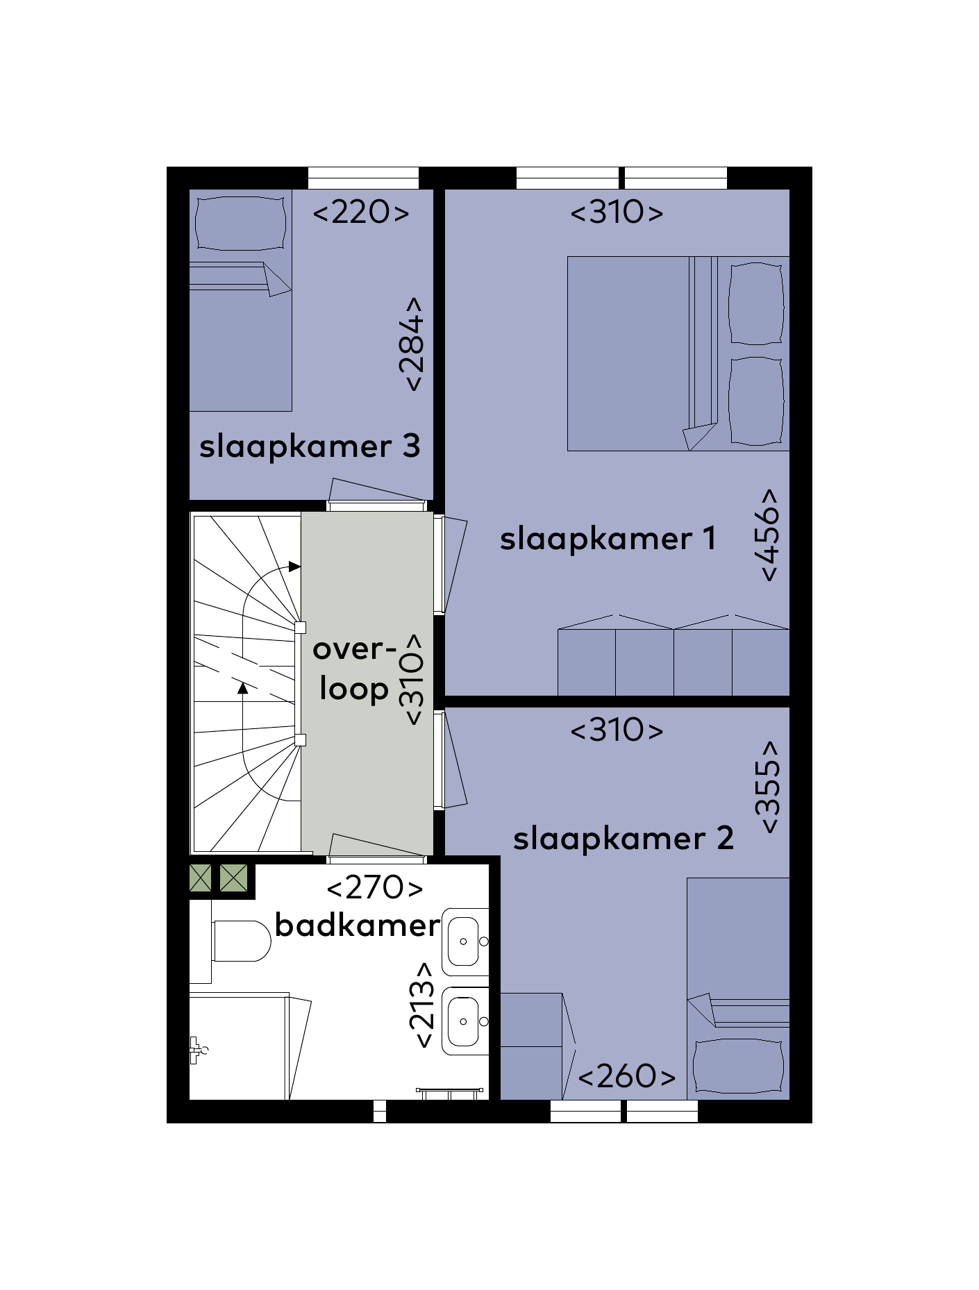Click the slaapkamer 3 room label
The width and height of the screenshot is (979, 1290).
[x=310, y=447]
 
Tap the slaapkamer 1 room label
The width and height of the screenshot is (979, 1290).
[x=608, y=539]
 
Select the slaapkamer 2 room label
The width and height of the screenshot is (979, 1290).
[x=623, y=839]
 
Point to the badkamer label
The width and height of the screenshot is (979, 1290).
[x=358, y=925]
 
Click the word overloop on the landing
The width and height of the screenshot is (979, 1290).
[x=354, y=669]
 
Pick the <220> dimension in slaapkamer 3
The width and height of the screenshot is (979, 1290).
[x=361, y=212]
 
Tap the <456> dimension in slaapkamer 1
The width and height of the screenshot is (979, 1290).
[x=769, y=535]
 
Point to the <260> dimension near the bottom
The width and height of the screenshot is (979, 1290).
[x=626, y=1077]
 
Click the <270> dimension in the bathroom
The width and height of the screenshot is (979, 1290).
[x=374, y=888]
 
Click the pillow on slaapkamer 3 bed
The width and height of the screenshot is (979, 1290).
[x=241, y=223]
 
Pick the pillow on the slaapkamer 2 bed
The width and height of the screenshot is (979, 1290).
[x=738, y=1066]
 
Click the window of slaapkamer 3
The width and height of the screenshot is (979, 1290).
[x=363, y=178]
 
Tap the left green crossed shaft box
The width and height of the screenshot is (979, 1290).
[x=201, y=878]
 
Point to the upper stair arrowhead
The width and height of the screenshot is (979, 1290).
[x=294, y=567]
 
